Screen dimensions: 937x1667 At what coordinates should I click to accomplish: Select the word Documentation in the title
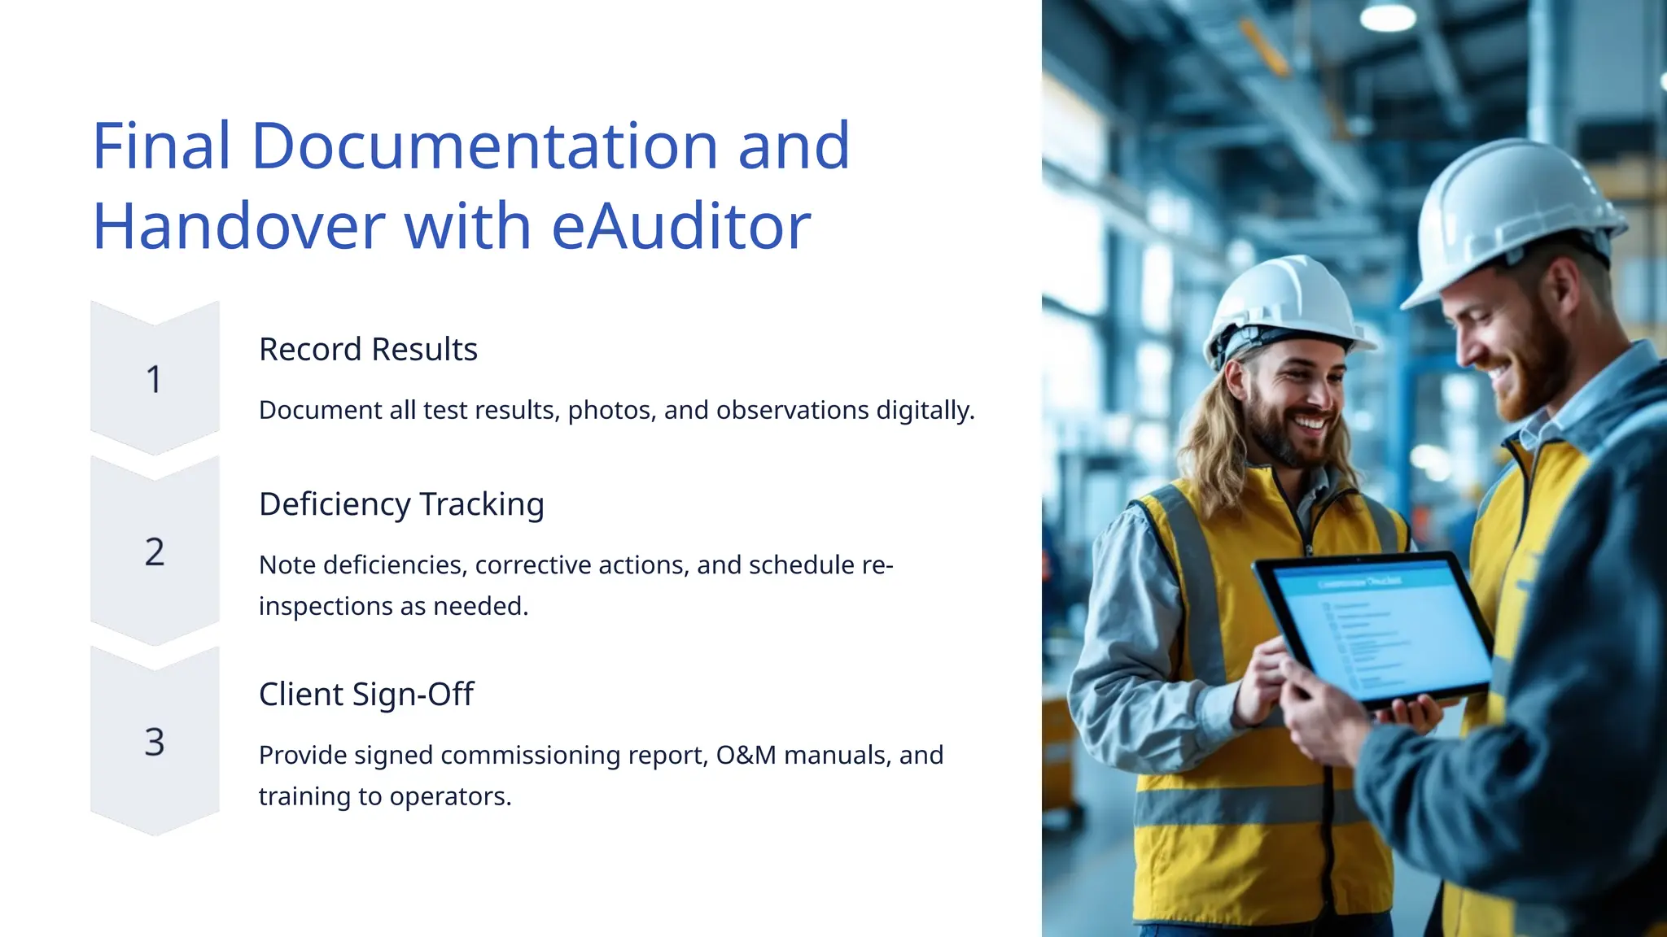click(485, 146)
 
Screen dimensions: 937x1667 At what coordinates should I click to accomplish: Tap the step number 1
click(154, 380)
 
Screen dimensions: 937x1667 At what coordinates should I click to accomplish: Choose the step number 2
click(154, 552)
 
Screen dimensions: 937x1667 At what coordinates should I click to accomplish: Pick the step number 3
click(154, 742)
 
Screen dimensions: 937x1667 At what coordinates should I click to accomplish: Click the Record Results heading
click(368, 349)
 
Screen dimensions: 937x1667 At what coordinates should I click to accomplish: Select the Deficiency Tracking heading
click(401, 504)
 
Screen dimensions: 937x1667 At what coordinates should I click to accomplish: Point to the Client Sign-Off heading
click(366, 695)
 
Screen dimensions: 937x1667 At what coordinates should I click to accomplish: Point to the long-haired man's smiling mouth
click(1310, 423)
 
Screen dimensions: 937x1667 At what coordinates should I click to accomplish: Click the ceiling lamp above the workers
click(1388, 16)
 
